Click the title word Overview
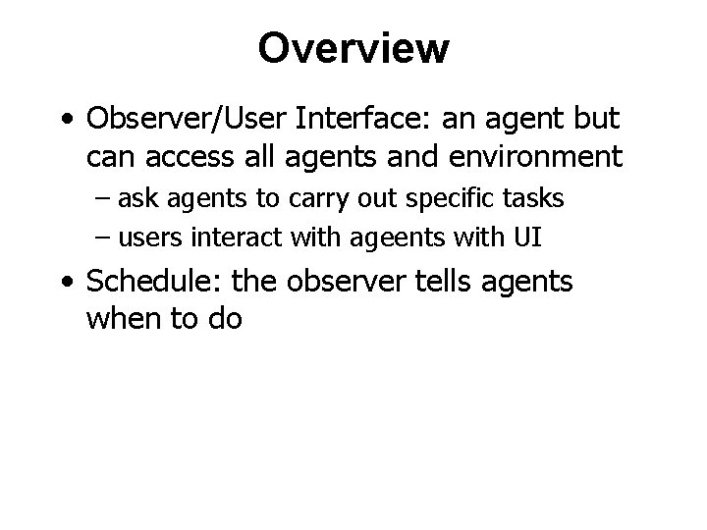point(353,47)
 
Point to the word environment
point(534,155)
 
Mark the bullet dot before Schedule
point(65,284)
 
